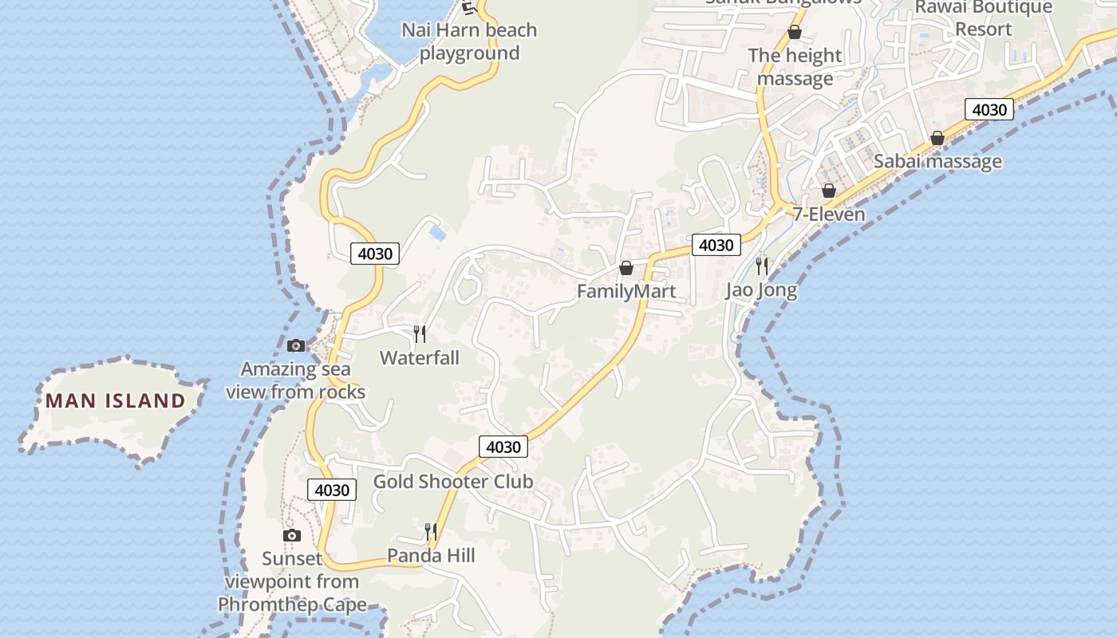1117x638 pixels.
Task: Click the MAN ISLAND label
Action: click(116, 400)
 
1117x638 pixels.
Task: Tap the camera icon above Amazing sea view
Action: click(296, 345)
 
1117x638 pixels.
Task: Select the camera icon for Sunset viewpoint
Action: click(292, 535)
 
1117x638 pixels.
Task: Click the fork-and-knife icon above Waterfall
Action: click(420, 333)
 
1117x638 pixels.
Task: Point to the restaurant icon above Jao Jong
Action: click(762, 266)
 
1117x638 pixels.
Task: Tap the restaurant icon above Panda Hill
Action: click(431, 531)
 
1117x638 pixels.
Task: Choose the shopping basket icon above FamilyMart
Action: click(626, 268)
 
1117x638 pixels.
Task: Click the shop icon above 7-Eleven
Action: click(829, 191)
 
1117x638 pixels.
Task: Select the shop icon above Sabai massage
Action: click(937, 138)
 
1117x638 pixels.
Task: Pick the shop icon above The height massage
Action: click(795, 32)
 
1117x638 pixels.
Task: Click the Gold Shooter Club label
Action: click(453, 482)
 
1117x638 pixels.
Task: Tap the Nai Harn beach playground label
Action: click(469, 41)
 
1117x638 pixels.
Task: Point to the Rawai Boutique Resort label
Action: click(983, 18)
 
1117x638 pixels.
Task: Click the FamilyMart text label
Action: click(626, 291)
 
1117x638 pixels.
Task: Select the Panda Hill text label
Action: click(431, 555)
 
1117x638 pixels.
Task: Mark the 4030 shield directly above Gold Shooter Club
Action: click(503, 447)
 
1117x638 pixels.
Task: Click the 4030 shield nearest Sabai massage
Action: click(989, 109)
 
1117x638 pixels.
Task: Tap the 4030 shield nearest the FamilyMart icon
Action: click(716, 245)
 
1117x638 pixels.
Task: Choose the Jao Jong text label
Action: click(761, 289)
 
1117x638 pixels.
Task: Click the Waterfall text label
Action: click(420, 357)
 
